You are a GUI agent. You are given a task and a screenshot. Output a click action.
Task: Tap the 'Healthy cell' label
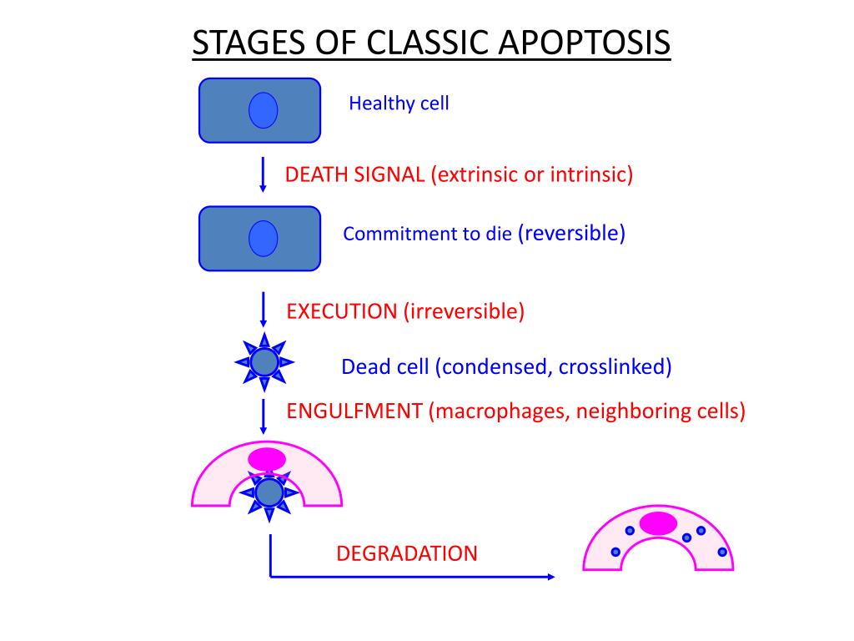click(399, 103)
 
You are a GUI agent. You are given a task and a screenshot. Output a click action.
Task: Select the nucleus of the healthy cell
click(263, 110)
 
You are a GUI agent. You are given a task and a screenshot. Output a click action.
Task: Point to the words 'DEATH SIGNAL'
click(355, 174)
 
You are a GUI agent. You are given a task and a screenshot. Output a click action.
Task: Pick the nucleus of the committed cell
click(263, 239)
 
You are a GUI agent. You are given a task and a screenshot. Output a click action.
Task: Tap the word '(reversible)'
click(571, 233)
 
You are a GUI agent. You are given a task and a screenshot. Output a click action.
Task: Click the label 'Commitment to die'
click(427, 235)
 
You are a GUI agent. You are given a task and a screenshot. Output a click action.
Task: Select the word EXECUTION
click(342, 312)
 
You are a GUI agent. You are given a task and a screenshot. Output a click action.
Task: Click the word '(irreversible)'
click(465, 312)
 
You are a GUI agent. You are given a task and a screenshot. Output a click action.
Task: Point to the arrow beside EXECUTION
click(264, 310)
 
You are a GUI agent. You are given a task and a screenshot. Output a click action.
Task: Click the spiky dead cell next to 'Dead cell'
click(264, 362)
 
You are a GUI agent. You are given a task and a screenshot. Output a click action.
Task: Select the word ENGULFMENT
click(354, 411)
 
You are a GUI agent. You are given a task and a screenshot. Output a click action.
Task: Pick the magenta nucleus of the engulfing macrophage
click(267, 459)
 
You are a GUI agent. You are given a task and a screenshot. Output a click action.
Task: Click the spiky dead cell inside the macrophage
click(269, 493)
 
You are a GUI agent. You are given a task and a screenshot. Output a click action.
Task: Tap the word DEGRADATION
click(407, 553)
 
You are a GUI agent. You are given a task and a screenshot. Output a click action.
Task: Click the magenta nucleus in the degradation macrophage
click(659, 523)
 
